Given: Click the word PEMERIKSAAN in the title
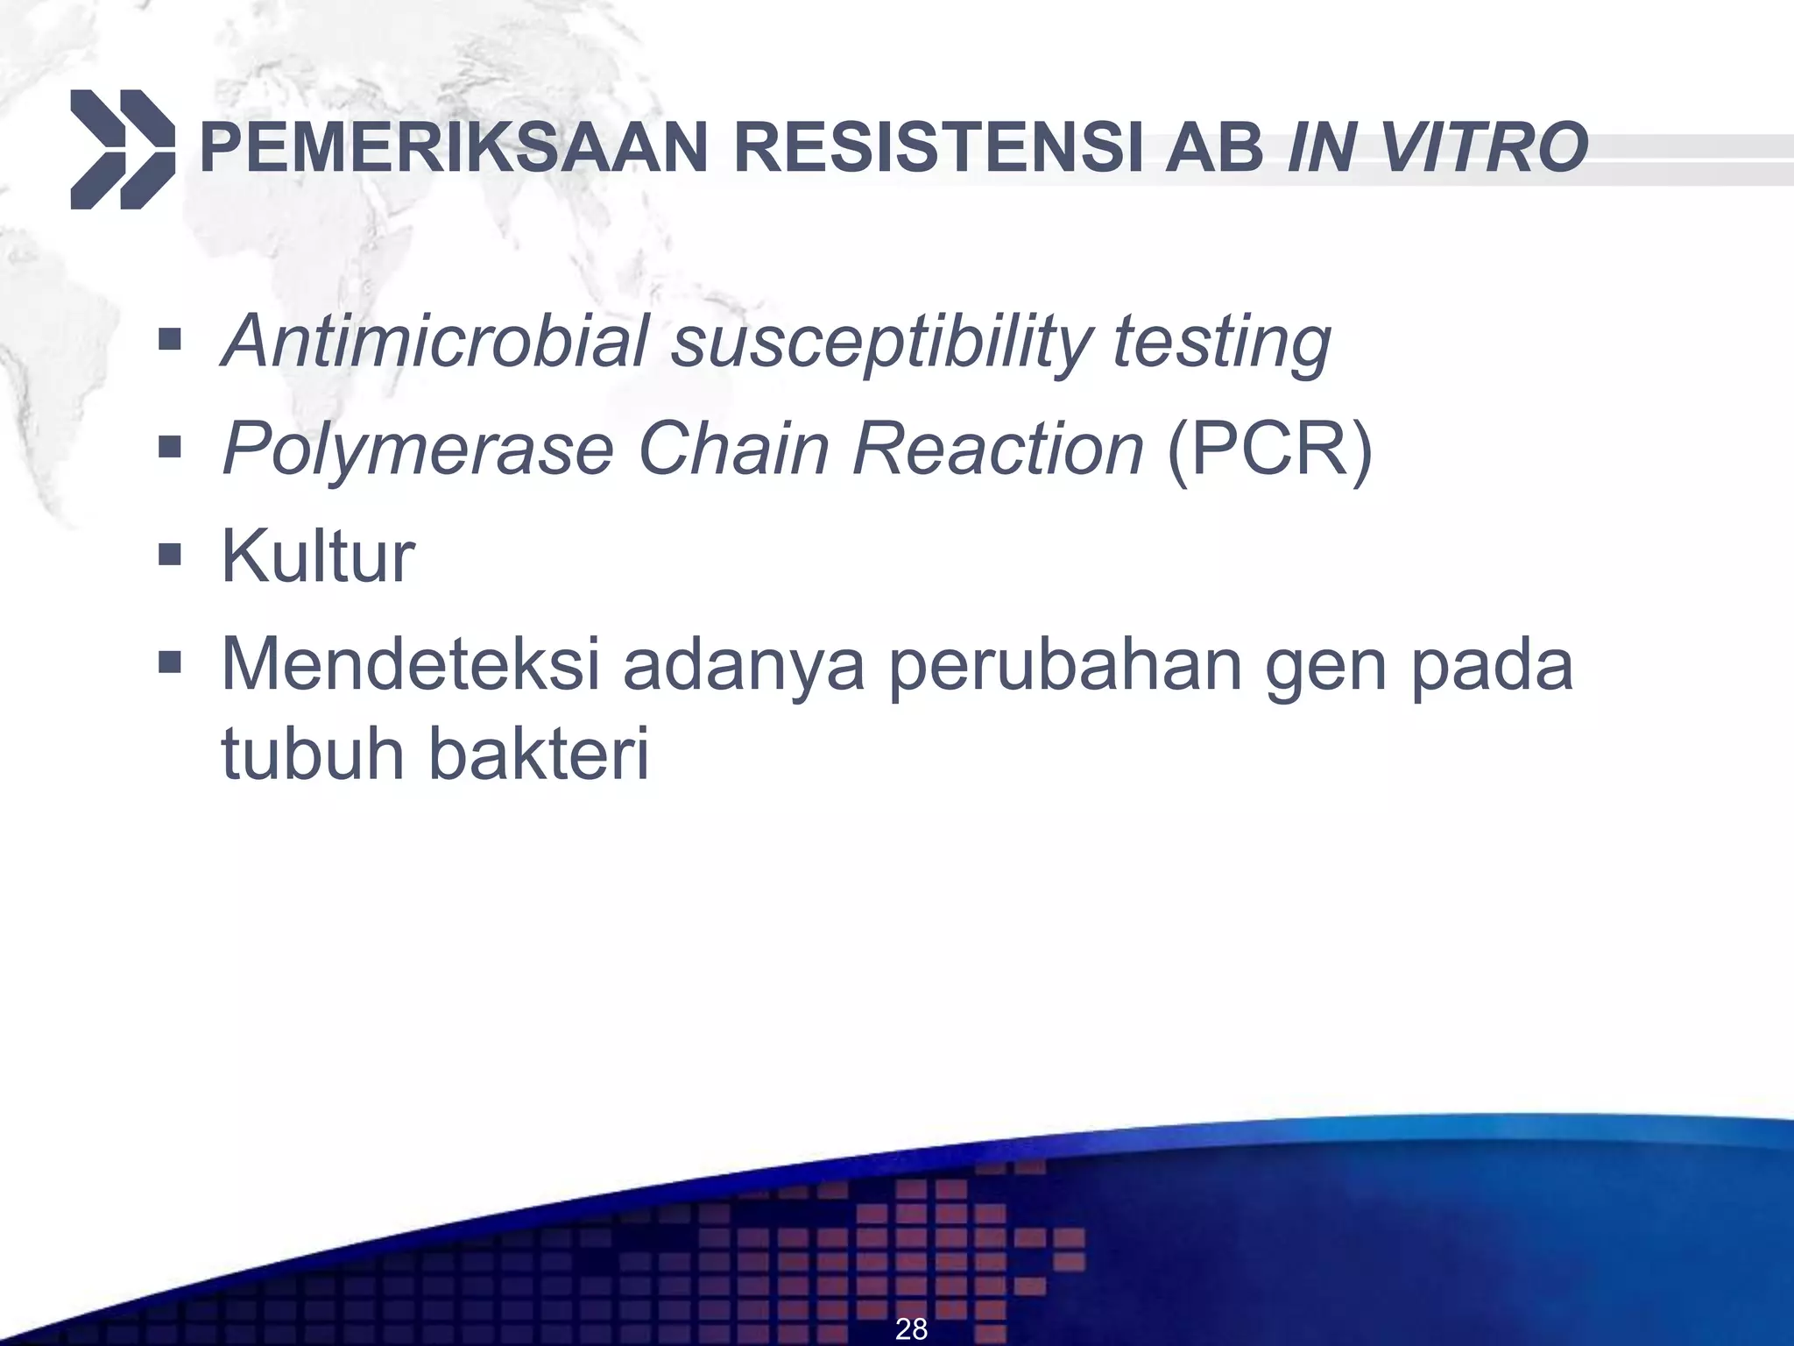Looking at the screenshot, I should (x=453, y=149).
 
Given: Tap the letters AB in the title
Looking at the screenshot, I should (x=1213, y=149).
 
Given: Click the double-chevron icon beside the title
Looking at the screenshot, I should (x=123, y=149).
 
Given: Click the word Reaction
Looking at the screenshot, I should (x=998, y=449).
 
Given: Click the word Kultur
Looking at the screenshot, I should (x=317, y=556).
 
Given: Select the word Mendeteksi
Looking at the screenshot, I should (x=410, y=664).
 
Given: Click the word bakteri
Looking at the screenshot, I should (x=539, y=754).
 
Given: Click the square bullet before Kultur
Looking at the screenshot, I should (x=169, y=555).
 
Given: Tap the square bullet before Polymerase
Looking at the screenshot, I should (x=169, y=448).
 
